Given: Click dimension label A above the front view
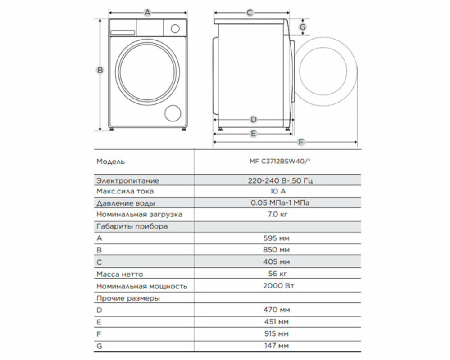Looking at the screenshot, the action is click(147, 12).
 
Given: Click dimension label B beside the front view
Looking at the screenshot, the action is click(100, 70).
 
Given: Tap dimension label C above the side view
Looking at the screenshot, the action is click(250, 13).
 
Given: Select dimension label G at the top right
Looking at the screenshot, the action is click(303, 27).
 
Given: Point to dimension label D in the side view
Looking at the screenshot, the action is click(254, 120).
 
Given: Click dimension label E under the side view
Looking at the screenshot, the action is click(253, 134).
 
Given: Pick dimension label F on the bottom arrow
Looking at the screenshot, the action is click(301, 142).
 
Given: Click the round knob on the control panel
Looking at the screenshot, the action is click(175, 28).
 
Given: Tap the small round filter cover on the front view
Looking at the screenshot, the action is click(173, 113).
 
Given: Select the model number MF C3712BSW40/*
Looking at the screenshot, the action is click(280, 162).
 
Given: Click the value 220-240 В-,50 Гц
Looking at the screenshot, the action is click(280, 180).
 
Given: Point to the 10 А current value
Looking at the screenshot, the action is click(278, 191).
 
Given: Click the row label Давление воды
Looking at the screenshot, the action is click(126, 203).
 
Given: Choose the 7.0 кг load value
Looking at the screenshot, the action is click(277, 214).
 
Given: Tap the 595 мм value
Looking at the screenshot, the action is click(277, 238).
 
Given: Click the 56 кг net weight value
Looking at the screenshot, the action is click(277, 274).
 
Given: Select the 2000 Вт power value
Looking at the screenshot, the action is click(278, 286).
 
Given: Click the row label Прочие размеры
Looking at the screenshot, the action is click(128, 298).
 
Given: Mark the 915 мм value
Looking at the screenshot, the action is click(277, 334).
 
